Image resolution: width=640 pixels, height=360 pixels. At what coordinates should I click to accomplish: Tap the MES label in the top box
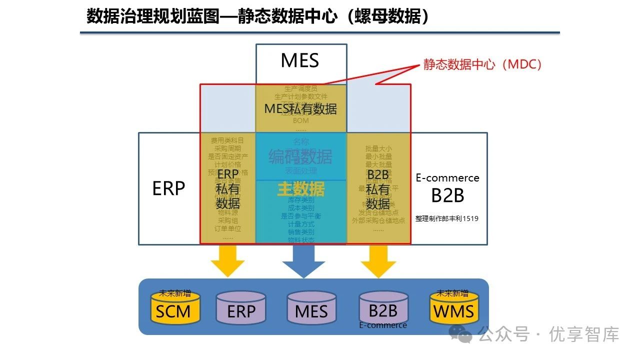click(300, 60)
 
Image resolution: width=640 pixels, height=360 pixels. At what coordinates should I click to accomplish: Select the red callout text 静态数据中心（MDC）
click(482, 64)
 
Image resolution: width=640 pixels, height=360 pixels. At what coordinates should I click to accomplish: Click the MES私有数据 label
click(300, 108)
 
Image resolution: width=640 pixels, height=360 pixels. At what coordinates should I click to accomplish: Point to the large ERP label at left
click(168, 188)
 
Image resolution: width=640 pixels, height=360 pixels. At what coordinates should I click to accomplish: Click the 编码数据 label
click(300, 157)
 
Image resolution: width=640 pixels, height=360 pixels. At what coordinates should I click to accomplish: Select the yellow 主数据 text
click(301, 188)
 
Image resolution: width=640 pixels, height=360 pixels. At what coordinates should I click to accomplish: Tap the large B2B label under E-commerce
click(447, 195)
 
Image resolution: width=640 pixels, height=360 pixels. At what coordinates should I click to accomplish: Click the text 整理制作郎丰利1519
click(447, 218)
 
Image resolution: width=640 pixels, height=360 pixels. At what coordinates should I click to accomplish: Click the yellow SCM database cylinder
click(173, 308)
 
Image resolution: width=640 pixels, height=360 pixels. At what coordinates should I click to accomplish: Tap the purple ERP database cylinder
click(241, 308)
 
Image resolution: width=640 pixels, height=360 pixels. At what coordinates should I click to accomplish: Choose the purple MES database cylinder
click(311, 308)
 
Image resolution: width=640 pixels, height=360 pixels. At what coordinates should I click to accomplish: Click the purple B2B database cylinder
click(383, 307)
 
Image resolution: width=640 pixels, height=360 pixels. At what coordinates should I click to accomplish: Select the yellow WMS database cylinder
click(453, 308)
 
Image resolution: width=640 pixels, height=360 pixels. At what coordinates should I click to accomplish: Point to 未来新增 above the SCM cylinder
click(174, 293)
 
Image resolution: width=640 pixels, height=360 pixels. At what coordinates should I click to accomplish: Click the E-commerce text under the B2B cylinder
click(383, 325)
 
